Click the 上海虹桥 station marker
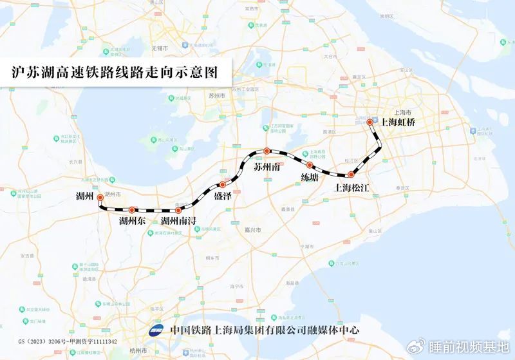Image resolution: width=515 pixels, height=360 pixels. point(370,122)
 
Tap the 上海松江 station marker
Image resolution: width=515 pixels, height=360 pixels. point(351,175)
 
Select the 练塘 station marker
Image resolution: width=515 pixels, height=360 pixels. point(310,166)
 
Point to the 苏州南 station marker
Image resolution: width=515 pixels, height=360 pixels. point(267,151)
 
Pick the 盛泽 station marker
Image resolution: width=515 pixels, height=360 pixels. point(223,185)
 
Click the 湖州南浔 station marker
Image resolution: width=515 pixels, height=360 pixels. point(178,211)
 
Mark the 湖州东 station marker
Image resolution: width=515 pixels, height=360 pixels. point(132,209)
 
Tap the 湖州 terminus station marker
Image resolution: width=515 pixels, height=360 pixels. point(100,200)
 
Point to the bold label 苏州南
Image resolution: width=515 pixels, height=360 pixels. point(267,167)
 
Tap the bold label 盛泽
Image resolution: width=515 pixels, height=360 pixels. point(223,196)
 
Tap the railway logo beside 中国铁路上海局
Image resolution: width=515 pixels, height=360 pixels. point(156,330)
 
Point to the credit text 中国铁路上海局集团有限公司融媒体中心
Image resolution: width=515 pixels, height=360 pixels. point(265,330)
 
